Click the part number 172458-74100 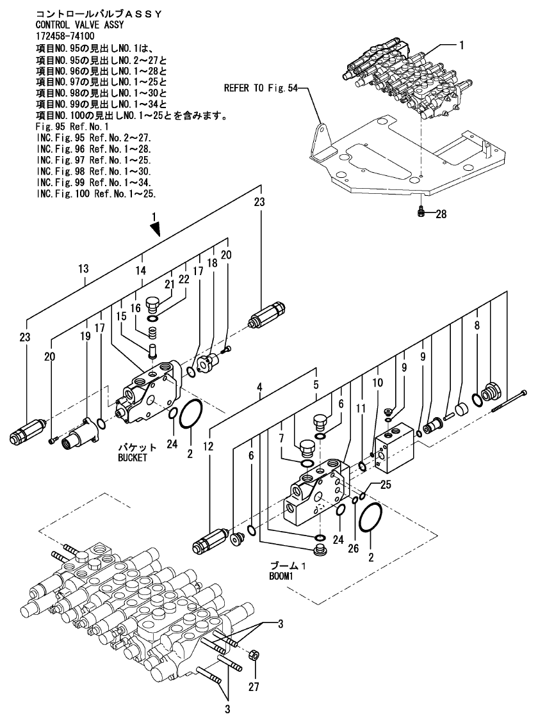coord(65,36)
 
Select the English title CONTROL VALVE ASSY coord(80,25)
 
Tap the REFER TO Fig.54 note coord(261,88)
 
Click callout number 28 coord(441,214)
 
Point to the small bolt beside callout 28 coord(420,212)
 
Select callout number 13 coord(83,269)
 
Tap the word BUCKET coord(133,457)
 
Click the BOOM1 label coord(281,576)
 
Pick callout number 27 coord(254,687)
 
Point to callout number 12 coord(208,446)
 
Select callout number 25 coord(386,484)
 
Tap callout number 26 coord(353,548)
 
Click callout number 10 coord(377,382)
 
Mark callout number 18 coord(212,263)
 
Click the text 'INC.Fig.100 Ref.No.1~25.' coord(96,194)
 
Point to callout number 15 coord(121,317)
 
